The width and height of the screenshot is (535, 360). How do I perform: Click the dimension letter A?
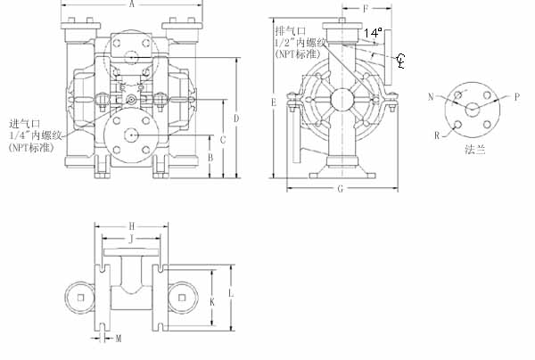(x=132, y=4)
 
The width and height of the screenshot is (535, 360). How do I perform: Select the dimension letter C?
(x=223, y=141)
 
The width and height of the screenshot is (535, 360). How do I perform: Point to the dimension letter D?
(x=236, y=118)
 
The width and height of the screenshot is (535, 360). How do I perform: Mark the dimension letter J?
(x=131, y=239)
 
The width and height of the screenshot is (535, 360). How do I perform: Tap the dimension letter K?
(x=211, y=301)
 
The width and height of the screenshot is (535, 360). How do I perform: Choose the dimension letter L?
(x=230, y=292)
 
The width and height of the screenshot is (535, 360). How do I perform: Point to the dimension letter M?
(x=119, y=339)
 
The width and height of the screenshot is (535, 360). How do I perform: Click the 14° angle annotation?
(x=374, y=32)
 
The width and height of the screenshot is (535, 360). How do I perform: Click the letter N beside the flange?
(x=431, y=95)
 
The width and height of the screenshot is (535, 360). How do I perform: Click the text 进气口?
(x=24, y=122)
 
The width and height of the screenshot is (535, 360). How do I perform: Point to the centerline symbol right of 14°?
(x=401, y=60)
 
